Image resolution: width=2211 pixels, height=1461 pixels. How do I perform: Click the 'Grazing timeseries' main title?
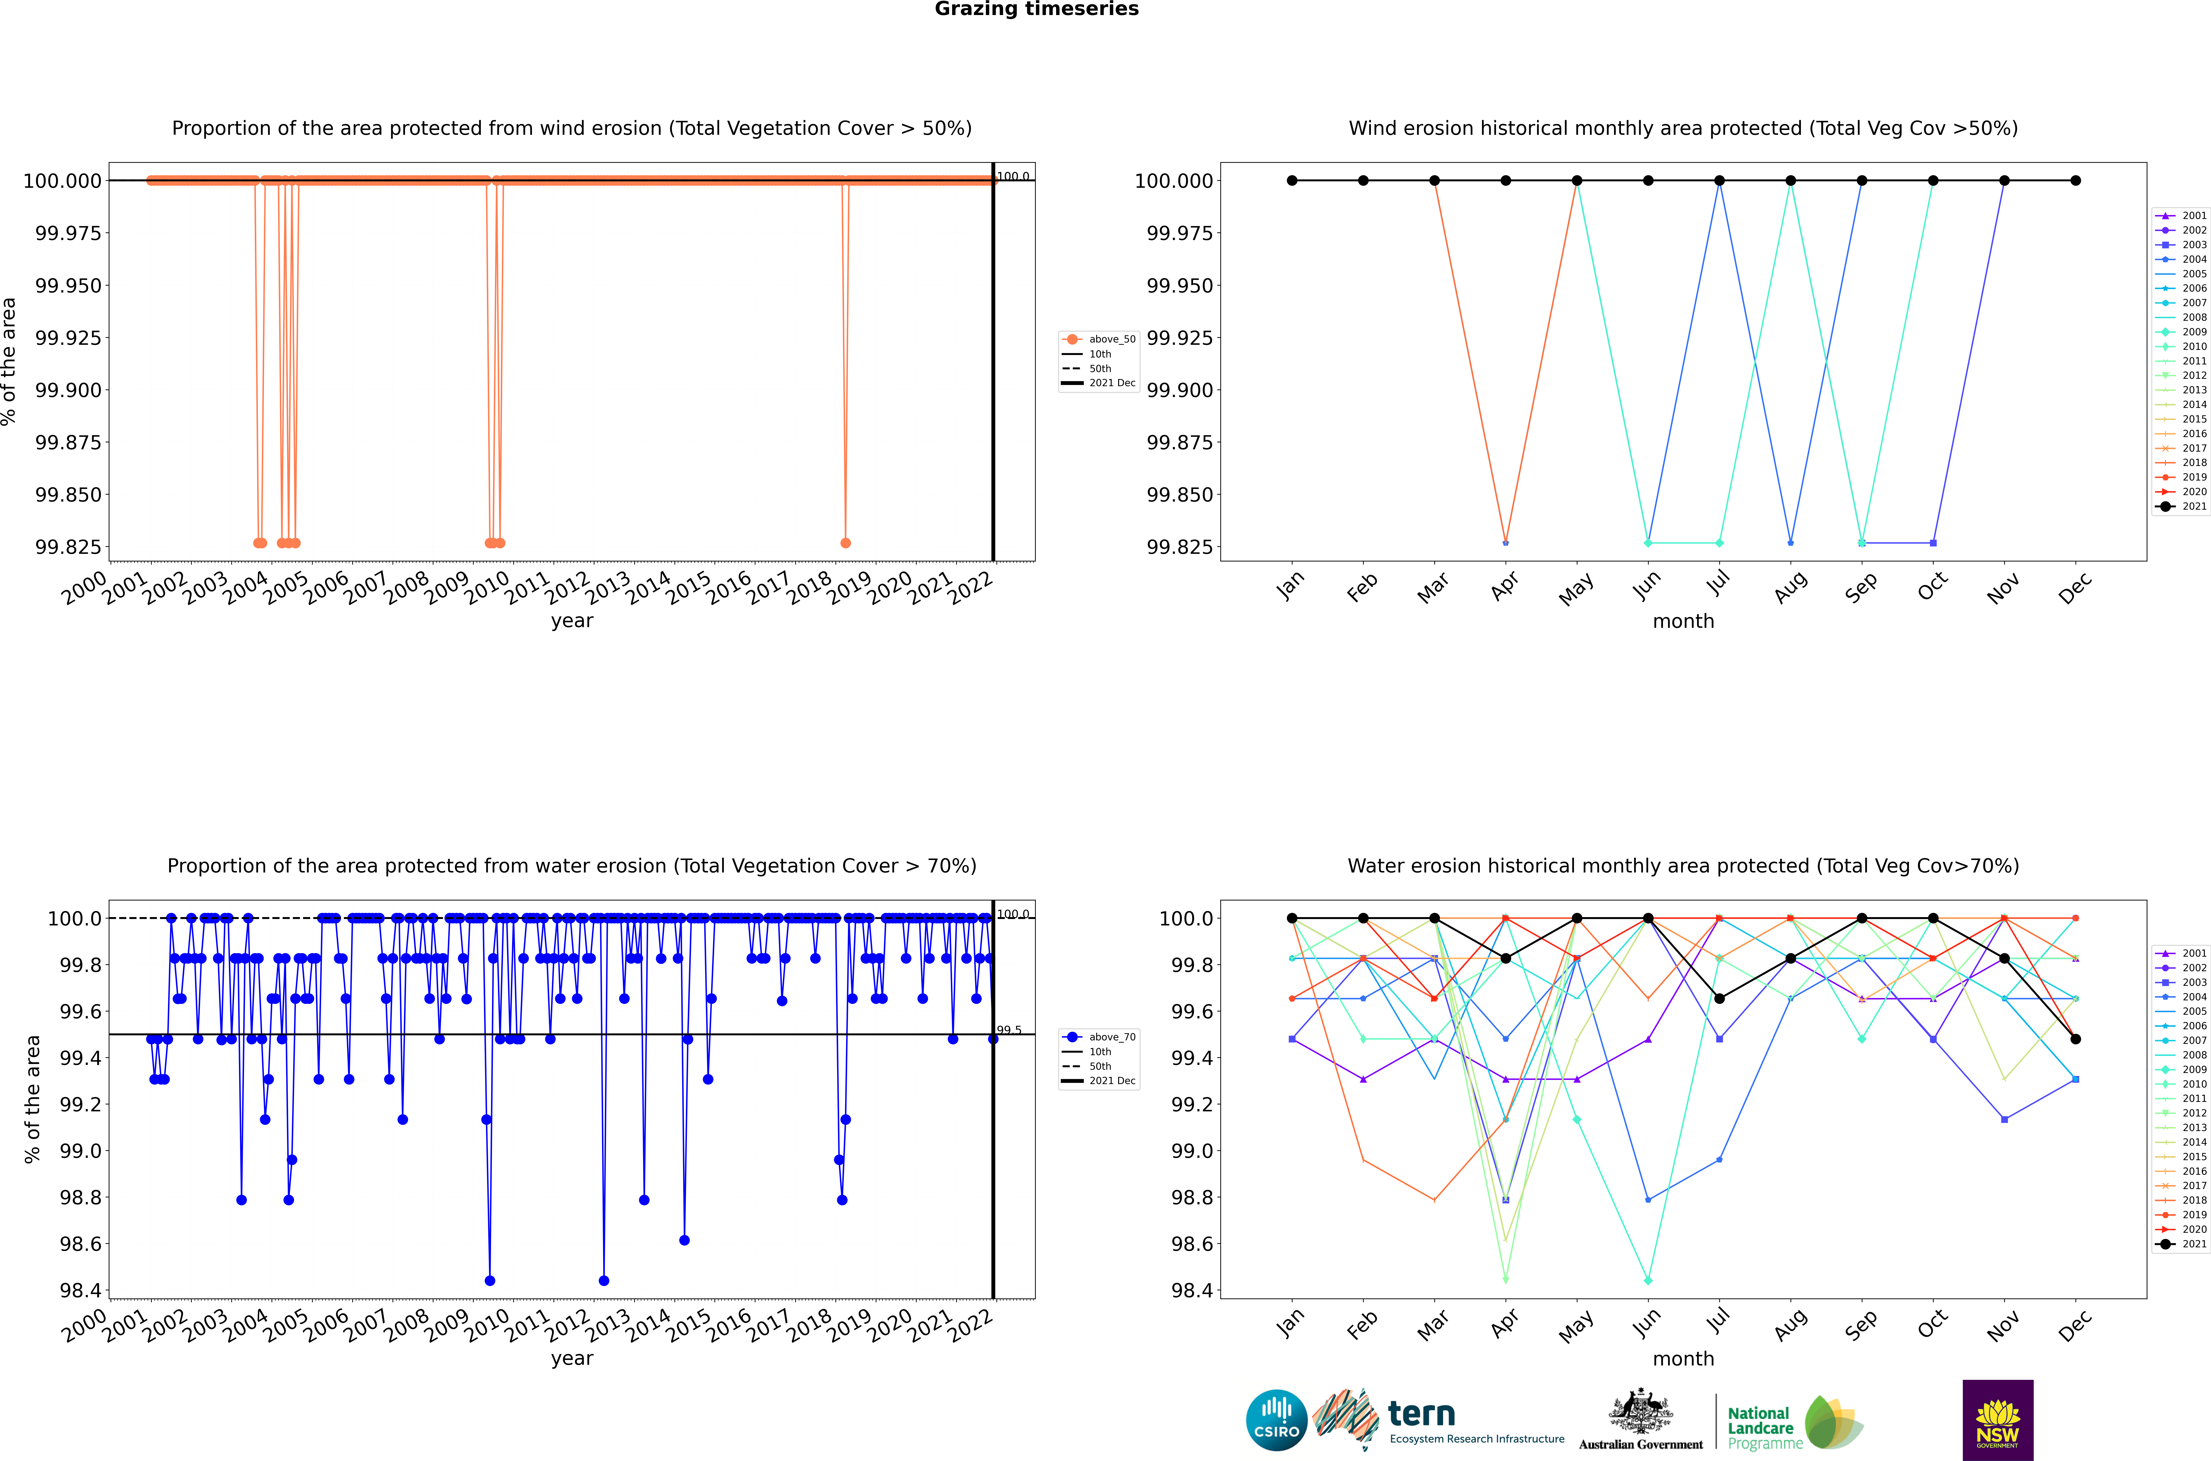point(1036,9)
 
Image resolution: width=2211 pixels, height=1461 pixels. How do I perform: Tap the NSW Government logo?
point(1998,1420)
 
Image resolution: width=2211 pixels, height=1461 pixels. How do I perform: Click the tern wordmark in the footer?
point(1421,1415)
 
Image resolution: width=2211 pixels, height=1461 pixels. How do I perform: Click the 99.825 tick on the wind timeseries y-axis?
point(68,547)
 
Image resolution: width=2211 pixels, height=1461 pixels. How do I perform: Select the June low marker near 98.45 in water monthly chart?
point(1648,1280)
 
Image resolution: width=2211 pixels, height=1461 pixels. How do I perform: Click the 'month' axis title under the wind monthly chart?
point(1683,622)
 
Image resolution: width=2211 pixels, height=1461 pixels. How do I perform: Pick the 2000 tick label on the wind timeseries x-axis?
point(84,589)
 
